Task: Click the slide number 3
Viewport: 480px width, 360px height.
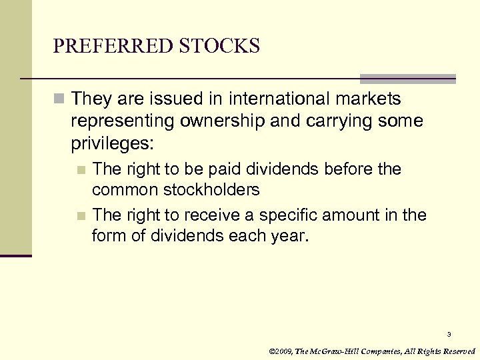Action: (x=449, y=334)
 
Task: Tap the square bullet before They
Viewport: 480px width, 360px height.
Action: (x=60, y=100)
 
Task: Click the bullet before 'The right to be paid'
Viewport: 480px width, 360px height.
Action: (x=81, y=170)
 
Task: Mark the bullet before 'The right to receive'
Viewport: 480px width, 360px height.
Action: (x=81, y=216)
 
